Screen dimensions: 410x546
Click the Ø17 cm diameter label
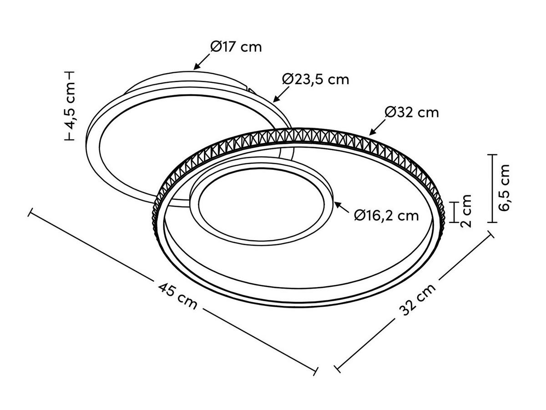click(x=236, y=46)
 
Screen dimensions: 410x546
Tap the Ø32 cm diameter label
click(x=412, y=111)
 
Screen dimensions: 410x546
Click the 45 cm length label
click(x=178, y=295)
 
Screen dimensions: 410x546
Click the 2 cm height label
click(x=465, y=211)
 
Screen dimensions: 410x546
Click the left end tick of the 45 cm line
click(x=30, y=213)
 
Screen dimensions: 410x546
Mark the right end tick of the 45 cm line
click(x=315, y=370)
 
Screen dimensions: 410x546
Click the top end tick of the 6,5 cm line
click(x=491, y=155)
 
